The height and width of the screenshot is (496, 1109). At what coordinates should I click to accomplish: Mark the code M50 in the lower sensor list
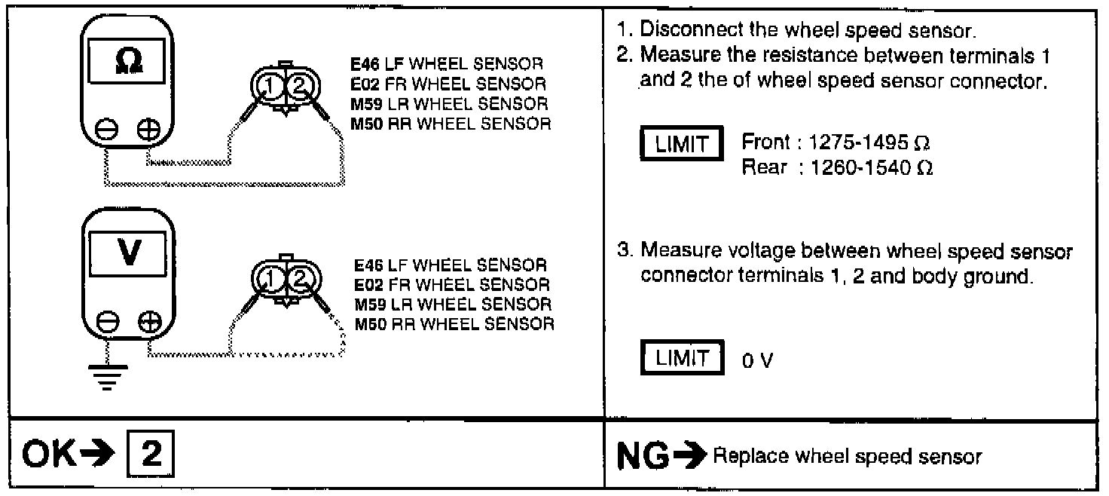(368, 325)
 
